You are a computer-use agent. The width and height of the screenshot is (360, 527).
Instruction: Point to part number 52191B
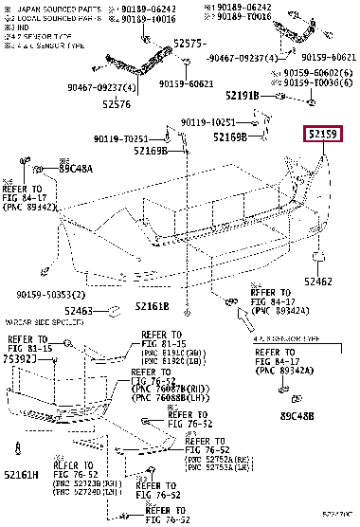[243, 96]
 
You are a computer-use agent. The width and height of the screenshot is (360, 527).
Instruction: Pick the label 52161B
[151, 306]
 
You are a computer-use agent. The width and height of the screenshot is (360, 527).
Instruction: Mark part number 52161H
[21, 475]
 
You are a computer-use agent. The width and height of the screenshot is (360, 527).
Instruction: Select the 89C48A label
[76, 168]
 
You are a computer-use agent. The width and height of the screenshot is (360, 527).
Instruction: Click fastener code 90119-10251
[209, 121]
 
